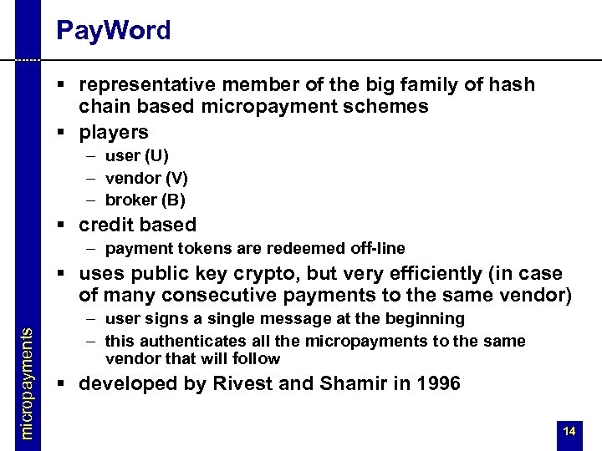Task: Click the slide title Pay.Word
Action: (113, 31)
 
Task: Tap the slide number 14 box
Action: (569, 432)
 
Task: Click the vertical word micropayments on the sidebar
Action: (28, 383)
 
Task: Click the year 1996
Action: (436, 384)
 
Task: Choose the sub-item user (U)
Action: (136, 155)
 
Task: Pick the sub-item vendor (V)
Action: (146, 178)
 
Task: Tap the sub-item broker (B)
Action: (145, 200)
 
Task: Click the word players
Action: (114, 132)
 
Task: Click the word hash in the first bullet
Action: (512, 84)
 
